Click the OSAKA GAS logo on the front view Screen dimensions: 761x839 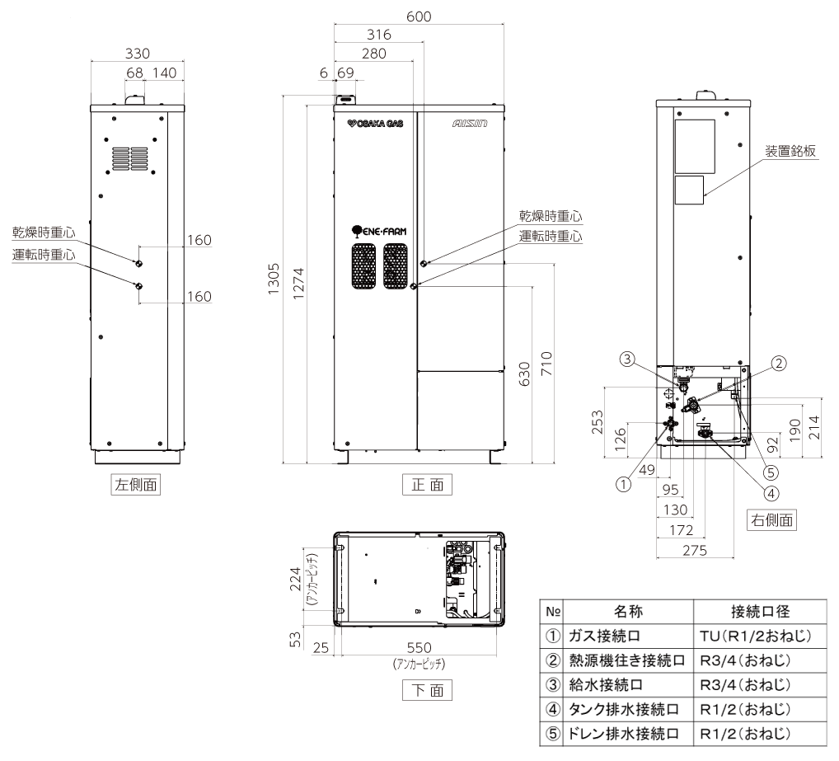coord(375,124)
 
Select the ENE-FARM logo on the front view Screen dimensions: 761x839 coord(378,232)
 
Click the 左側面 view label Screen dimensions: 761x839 coord(136,486)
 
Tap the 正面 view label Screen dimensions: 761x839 coord(427,485)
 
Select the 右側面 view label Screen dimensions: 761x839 coord(771,519)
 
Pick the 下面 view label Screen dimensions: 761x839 coord(427,690)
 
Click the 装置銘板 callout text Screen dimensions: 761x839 coord(790,151)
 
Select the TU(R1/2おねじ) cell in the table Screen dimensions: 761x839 coord(756,637)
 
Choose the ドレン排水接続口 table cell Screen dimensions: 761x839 coord(624,734)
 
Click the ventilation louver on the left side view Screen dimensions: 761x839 coord(134,159)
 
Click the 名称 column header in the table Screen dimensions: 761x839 coord(628,612)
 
